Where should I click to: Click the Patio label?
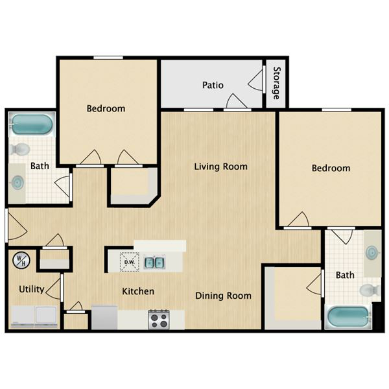pos(213,85)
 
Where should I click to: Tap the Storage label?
pos(277,83)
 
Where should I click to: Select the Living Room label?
pos(221,167)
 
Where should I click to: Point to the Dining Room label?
pos(223,296)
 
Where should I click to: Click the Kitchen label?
pos(138,291)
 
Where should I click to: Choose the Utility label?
pos(32,289)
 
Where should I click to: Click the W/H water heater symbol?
pos(21,260)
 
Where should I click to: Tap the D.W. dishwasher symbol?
pos(129,262)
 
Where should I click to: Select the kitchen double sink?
pos(154,262)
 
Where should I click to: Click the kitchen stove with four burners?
pos(159,319)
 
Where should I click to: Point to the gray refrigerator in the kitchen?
pos(104,317)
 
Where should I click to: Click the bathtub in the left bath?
pos(32,124)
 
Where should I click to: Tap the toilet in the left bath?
pos(20,149)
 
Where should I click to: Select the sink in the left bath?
pos(18,183)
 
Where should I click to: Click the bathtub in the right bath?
pos(349,318)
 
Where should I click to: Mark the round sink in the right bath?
pos(373,253)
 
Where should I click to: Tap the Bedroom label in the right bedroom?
pos(331,168)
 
